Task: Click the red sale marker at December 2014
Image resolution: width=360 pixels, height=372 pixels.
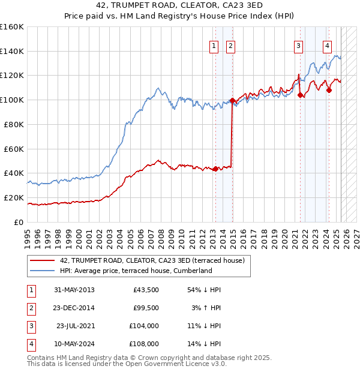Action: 232,100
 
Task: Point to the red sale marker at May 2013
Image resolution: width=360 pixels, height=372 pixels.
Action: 215,169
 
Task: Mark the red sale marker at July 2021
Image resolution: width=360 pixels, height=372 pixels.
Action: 300,95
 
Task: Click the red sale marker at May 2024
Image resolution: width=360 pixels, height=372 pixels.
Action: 329,90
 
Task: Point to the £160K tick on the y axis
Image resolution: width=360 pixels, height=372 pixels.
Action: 12,27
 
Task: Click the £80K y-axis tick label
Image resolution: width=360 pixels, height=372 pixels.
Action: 14,124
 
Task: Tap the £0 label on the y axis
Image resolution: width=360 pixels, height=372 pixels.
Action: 19,222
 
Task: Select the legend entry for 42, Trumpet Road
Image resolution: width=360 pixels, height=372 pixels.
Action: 152,261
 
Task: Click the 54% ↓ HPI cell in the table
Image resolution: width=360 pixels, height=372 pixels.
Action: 205,290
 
